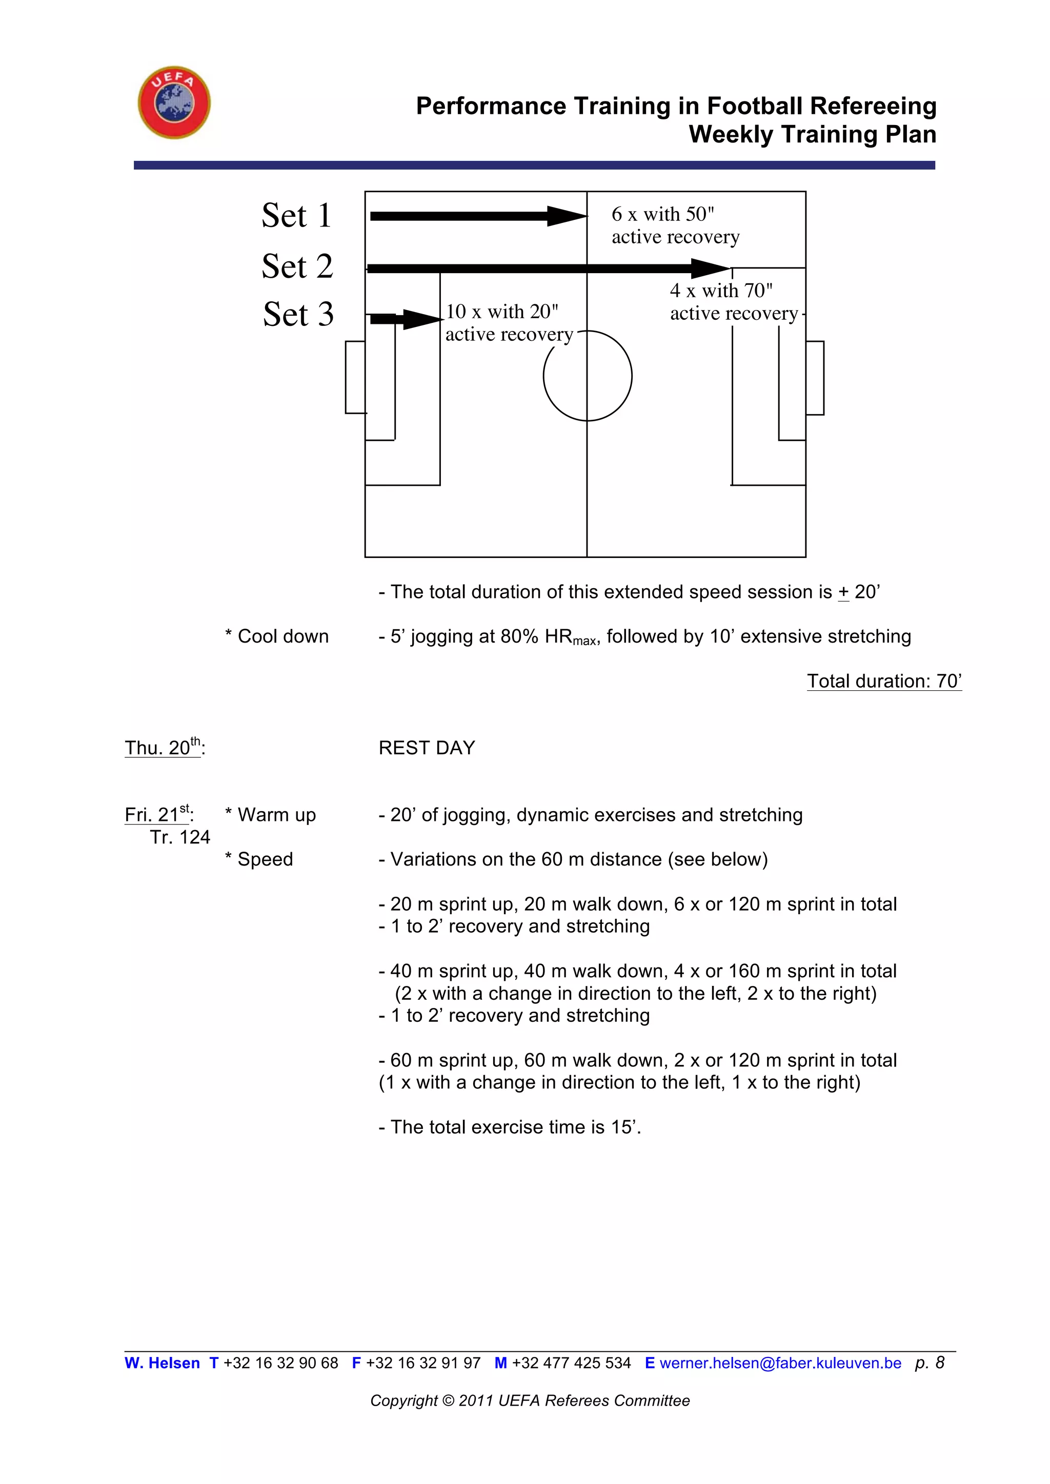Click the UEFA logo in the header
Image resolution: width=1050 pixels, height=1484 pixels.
[x=174, y=102]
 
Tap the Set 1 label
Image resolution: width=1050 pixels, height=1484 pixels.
[x=297, y=215]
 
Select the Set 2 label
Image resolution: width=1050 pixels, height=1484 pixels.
[x=297, y=266]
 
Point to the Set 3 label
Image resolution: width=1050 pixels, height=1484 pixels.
[x=298, y=315]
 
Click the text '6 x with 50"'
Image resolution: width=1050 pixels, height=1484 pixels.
[x=663, y=214]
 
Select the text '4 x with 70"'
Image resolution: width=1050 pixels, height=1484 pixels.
[x=721, y=291]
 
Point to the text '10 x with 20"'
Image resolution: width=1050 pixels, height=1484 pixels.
[x=502, y=312]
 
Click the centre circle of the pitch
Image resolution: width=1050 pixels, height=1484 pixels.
[x=587, y=376]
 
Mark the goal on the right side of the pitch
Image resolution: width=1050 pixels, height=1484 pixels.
[x=815, y=378]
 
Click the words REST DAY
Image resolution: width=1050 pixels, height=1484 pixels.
[x=427, y=748]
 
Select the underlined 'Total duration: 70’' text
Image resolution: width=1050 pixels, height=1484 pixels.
[x=884, y=681]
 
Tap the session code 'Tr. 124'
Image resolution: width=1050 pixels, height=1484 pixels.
[x=180, y=837]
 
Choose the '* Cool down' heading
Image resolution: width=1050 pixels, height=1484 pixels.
[x=277, y=636]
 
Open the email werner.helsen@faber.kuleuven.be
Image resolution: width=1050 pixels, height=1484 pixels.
[x=780, y=1363]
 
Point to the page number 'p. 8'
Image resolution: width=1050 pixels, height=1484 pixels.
[x=930, y=1363]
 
